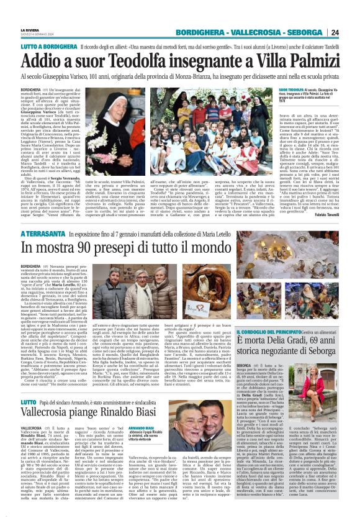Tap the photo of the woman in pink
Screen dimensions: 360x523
323,421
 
